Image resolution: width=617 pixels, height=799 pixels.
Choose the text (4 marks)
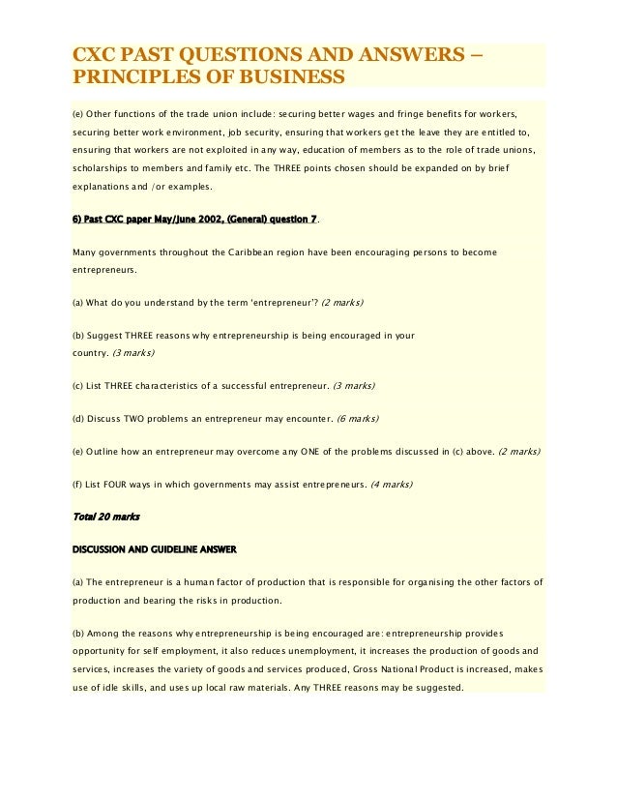click(392, 484)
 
